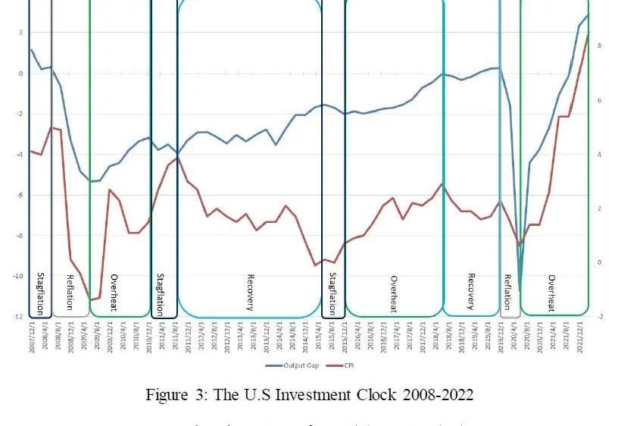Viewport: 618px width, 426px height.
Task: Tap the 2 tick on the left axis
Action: click(x=20, y=33)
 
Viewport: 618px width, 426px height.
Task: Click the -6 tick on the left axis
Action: click(x=19, y=195)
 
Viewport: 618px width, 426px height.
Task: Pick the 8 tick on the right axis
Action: click(x=599, y=46)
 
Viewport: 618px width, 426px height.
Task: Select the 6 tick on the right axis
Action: click(x=599, y=101)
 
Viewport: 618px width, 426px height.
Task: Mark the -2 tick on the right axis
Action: click(x=600, y=316)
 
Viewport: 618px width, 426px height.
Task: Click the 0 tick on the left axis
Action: click(x=20, y=74)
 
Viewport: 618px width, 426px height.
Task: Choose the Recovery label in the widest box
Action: click(x=250, y=293)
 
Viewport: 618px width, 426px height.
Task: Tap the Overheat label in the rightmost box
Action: click(x=552, y=293)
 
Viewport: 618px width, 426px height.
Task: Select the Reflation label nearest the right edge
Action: click(x=508, y=293)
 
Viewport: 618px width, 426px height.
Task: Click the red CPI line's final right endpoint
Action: click(x=588, y=33)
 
